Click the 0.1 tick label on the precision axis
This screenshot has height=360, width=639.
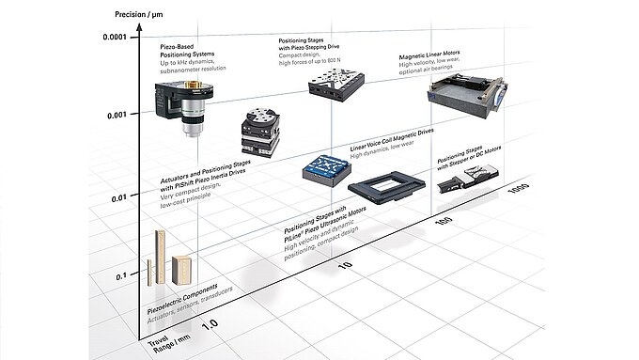point(120,277)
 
